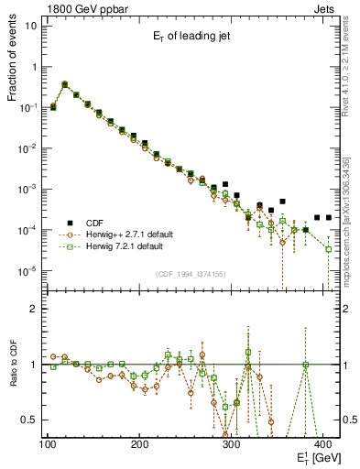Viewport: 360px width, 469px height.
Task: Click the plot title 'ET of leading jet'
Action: [x=191, y=37]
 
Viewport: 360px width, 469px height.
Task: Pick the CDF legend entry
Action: [x=95, y=222]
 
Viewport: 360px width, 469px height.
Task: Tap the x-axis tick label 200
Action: [x=140, y=445]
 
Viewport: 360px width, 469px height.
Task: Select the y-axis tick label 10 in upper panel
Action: [x=30, y=25]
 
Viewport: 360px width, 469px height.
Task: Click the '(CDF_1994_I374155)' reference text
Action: [x=190, y=273]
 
